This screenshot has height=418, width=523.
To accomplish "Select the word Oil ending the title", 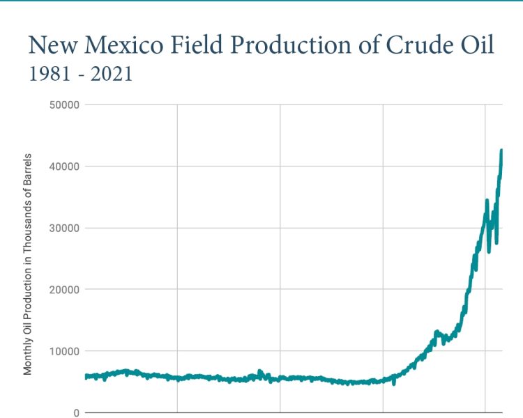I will point(475,45).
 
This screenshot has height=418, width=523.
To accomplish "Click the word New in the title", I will point(55,45).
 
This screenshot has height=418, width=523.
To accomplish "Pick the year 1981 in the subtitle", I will point(47,75).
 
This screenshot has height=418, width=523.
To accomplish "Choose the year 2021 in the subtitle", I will point(113,75).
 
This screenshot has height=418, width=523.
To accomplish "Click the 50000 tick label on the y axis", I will point(62,105).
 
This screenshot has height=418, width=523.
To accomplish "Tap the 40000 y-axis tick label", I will point(62,167).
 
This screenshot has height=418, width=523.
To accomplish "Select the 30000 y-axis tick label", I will point(62,228).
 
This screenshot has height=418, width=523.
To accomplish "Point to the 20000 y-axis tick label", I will point(62,289).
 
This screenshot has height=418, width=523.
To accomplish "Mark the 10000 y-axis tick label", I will point(62,350).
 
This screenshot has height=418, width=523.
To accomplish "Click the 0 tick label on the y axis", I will point(76,412).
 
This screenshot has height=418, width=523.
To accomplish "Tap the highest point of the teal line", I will point(501,150).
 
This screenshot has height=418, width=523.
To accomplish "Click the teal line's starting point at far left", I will point(86,376).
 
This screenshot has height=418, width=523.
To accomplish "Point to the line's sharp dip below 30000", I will point(497,242).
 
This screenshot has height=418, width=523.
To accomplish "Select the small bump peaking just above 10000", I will point(437,332).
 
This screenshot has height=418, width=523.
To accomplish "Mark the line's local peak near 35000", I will point(487,201).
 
